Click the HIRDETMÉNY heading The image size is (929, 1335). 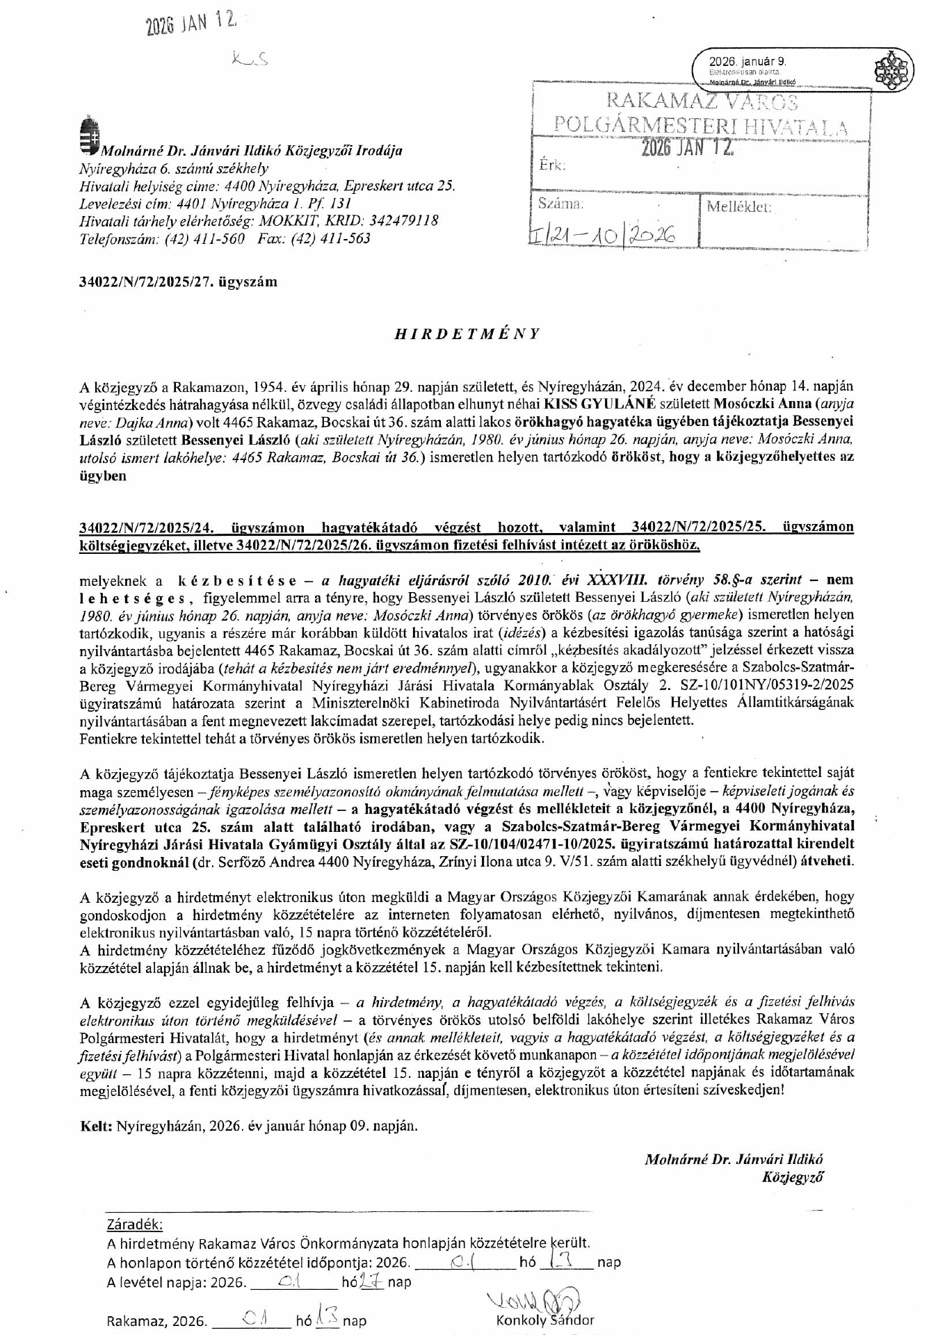467,334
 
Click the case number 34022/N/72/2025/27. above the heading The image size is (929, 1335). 178,281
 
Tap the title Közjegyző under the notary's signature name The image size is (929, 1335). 793,1177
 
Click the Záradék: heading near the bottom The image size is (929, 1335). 136,1224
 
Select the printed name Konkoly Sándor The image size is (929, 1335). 545,1320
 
